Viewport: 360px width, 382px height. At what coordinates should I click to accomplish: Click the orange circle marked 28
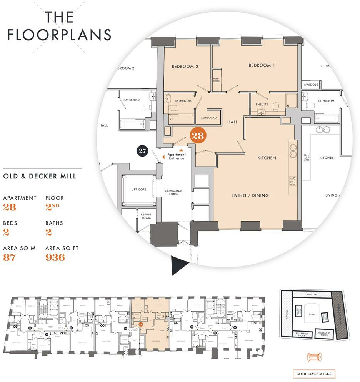coord(199,135)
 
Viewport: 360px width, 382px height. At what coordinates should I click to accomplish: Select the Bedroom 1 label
coord(262,65)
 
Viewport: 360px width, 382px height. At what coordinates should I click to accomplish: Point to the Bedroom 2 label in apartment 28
coord(185,67)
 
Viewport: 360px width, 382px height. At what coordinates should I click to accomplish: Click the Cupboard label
coord(209,118)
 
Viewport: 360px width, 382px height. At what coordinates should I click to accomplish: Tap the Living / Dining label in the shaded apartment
coord(250,195)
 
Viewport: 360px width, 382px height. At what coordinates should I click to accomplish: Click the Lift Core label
coord(138,190)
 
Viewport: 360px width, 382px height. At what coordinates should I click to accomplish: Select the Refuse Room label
coord(145,216)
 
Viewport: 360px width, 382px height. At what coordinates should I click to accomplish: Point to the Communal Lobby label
coord(173,193)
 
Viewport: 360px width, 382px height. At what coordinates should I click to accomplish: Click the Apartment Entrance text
coord(177,157)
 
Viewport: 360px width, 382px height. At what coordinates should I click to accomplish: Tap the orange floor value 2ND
coord(54,207)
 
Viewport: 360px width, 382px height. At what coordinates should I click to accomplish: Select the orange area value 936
coord(55,257)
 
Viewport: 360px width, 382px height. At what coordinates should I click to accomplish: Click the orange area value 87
coord(9,257)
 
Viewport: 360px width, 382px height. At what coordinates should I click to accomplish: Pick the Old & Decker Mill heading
coord(39,177)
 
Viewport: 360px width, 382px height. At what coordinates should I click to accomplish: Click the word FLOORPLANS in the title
coord(60,35)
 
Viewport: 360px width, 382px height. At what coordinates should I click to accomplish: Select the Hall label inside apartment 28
coord(232,122)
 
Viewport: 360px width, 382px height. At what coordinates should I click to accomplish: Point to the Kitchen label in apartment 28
coord(267,158)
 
